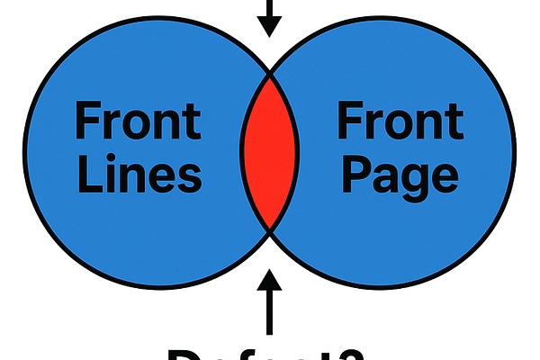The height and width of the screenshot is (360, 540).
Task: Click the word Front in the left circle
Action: (x=139, y=121)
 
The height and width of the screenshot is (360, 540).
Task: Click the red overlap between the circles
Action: (x=269, y=152)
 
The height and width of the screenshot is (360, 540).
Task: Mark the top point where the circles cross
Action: (x=269, y=71)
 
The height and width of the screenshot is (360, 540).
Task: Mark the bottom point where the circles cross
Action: (x=270, y=231)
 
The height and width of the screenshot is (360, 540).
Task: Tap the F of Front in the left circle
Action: (x=88, y=121)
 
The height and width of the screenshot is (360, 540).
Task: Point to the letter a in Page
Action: (x=381, y=178)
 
